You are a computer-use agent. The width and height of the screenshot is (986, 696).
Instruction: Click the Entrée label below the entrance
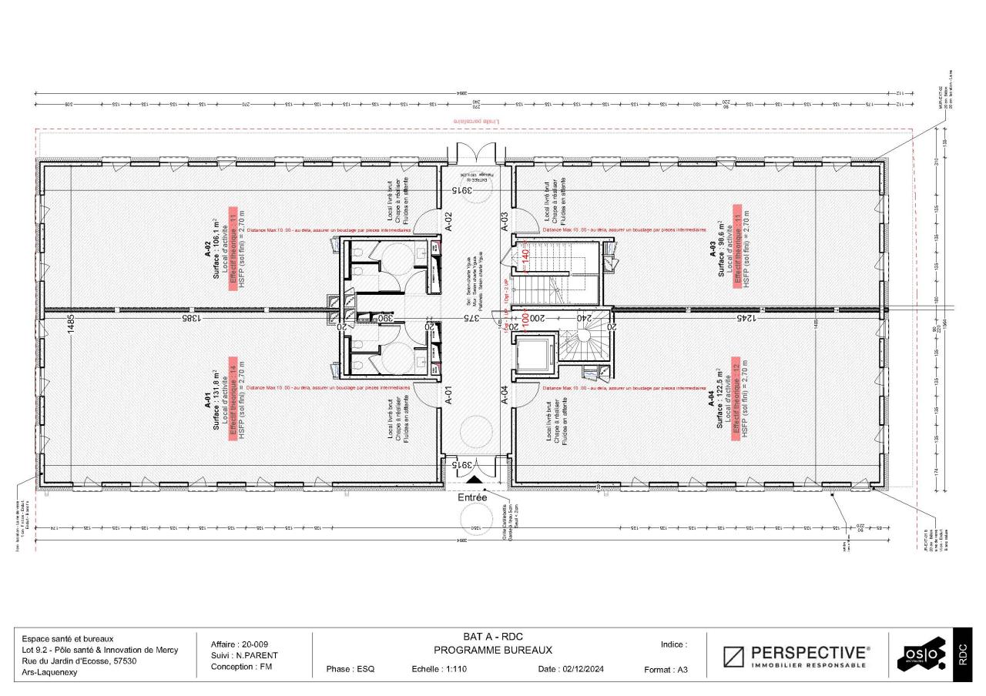click(x=472, y=498)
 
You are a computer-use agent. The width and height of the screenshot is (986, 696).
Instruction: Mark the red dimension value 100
click(x=525, y=317)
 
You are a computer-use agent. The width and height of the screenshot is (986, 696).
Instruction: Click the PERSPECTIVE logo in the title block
click(x=796, y=657)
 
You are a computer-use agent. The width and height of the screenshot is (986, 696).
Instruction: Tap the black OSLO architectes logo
click(x=921, y=657)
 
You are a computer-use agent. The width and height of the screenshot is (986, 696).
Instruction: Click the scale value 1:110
click(x=439, y=669)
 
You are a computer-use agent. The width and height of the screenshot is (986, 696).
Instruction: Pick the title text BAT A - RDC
click(x=492, y=637)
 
